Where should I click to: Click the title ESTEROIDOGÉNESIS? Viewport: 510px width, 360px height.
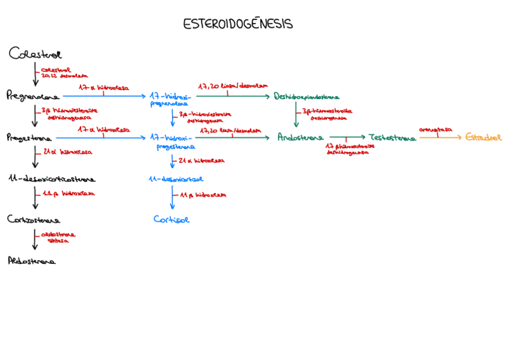(x=238, y=24)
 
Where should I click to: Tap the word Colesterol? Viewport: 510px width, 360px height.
(x=35, y=54)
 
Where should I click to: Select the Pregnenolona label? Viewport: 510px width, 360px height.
(x=33, y=96)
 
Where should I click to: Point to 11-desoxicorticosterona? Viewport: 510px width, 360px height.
(x=52, y=179)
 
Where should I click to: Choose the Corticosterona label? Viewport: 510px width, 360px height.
(x=34, y=219)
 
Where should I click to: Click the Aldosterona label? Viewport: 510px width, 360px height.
(x=32, y=261)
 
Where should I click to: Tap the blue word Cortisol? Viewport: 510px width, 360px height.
(x=171, y=219)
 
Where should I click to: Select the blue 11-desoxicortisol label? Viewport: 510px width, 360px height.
(x=176, y=179)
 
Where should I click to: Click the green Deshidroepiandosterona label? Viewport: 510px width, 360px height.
(x=306, y=96)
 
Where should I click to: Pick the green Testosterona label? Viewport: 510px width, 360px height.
(x=393, y=138)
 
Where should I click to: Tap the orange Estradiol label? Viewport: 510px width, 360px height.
(x=483, y=138)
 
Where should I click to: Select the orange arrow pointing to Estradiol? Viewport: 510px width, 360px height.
(x=440, y=138)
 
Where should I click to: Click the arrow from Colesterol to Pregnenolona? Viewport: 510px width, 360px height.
(x=35, y=74)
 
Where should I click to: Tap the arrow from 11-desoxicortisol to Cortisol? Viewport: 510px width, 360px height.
(x=173, y=198)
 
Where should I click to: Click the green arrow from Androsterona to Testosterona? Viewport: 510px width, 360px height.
(x=347, y=138)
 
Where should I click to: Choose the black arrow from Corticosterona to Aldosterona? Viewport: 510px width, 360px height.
(x=35, y=239)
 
